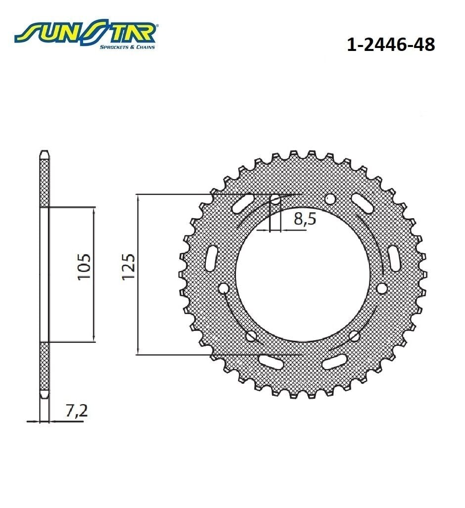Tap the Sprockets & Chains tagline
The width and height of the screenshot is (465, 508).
point(127,47)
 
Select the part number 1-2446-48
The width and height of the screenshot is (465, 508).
point(391,45)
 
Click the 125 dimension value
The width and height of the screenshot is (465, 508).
point(128,268)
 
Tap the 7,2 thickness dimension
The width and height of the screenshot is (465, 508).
point(76,411)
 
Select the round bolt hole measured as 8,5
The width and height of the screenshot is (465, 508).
point(275,199)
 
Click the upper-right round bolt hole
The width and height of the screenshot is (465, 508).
point(330,199)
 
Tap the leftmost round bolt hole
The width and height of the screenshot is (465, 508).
point(223,288)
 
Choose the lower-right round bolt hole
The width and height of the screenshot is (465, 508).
point(354,336)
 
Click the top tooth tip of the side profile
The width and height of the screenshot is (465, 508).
point(45,151)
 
